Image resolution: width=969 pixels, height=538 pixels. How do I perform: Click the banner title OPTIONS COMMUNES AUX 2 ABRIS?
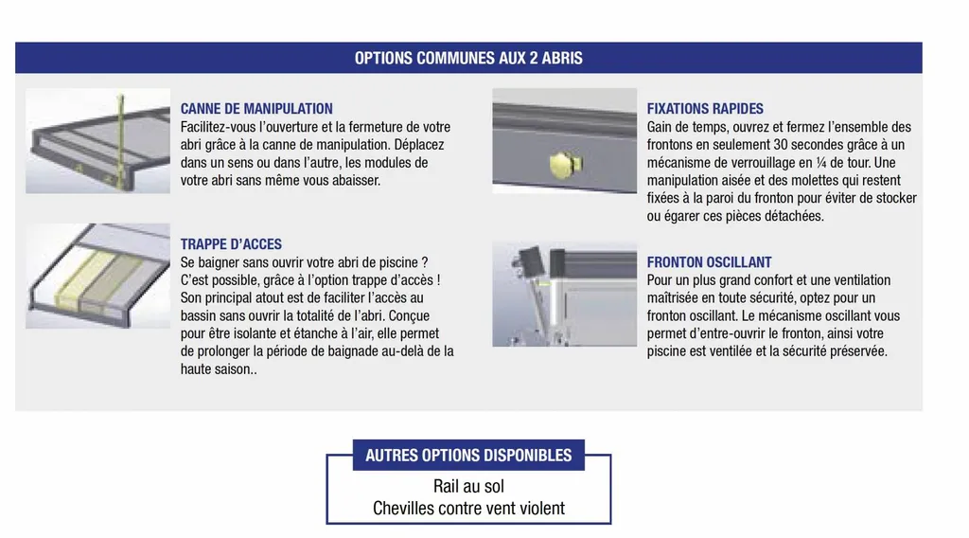[x=468, y=58]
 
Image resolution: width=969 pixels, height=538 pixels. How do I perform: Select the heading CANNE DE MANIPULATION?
[x=256, y=109]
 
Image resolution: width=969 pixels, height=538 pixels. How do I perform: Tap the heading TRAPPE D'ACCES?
[x=231, y=244]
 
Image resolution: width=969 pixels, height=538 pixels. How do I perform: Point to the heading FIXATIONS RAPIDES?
[x=705, y=109]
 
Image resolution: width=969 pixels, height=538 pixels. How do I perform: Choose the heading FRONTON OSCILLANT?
[x=709, y=262]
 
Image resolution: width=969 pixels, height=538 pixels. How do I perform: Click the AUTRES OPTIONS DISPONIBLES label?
[x=468, y=456]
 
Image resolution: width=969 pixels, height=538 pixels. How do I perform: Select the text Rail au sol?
[x=468, y=487]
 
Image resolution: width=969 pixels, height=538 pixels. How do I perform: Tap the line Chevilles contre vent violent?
[x=468, y=509]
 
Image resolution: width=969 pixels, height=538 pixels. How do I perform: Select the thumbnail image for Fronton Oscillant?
[x=564, y=294]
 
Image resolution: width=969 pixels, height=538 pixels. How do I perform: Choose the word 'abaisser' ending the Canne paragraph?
[x=354, y=181]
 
